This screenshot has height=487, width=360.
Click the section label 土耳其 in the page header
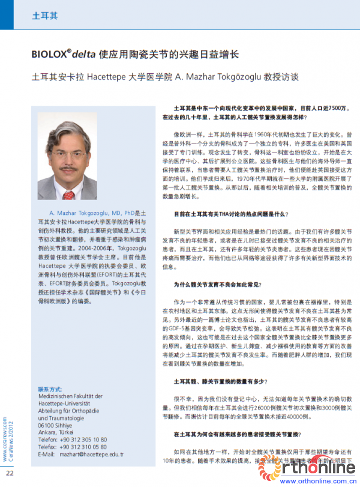pyautogui.click(x=44, y=15)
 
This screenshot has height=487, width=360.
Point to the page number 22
pyautogui.click(x=10, y=472)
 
